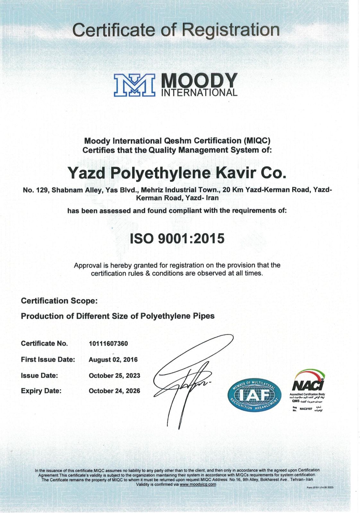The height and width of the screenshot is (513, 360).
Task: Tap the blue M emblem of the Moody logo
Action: pyautogui.click(x=134, y=85)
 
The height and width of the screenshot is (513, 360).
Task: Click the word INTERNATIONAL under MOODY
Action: pyautogui.click(x=201, y=93)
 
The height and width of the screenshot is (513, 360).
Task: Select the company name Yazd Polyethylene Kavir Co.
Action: pyautogui.click(x=177, y=173)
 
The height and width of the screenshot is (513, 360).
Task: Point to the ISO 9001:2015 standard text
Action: pyautogui.click(x=177, y=239)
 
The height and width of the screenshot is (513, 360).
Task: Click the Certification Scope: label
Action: pyautogui.click(x=59, y=301)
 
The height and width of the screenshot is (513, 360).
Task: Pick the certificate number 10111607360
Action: pyautogui.click(x=108, y=344)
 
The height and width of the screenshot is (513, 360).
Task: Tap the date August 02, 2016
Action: pyautogui.click(x=113, y=360)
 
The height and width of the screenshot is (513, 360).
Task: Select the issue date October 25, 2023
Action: pyautogui.click(x=114, y=375)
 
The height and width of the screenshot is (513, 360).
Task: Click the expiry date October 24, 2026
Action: pyautogui.click(x=114, y=391)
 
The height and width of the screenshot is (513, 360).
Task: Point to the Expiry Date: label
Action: pyautogui.click(x=41, y=391)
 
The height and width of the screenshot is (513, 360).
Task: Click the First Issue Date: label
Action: pyautogui.click(x=48, y=360)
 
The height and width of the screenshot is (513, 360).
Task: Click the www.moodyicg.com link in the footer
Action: pyautogui.click(x=198, y=484)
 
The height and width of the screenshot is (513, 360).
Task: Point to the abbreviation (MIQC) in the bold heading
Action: pyautogui.click(x=257, y=141)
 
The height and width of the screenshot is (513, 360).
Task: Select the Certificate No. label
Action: pyautogui.click(x=44, y=344)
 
